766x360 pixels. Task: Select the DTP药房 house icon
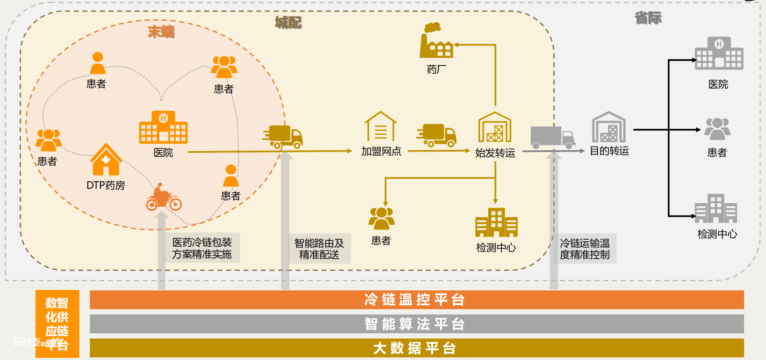pyautogui.click(x=106, y=160)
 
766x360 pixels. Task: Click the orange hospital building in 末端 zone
pyautogui.click(x=163, y=127)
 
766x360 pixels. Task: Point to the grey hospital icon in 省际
pyautogui.click(x=719, y=53)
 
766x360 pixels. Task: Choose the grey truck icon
pyautogui.click(x=553, y=138)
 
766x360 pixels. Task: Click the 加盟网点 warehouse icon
pyautogui.click(x=381, y=127)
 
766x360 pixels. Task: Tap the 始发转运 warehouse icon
pyautogui.click(x=495, y=127)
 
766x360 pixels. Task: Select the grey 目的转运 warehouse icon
pyautogui.click(x=609, y=127)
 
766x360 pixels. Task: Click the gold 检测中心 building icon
pyautogui.click(x=496, y=222)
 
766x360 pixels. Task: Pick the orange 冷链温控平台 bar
pyautogui.click(x=417, y=300)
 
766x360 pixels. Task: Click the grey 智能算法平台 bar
pyautogui.click(x=417, y=324)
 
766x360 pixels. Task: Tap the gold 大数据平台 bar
pyautogui.click(x=417, y=348)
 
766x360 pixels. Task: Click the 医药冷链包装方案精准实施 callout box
pyautogui.click(x=202, y=248)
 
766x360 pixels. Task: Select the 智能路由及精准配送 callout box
pyautogui.click(x=319, y=248)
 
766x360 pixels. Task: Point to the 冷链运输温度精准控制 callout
pyautogui.click(x=585, y=248)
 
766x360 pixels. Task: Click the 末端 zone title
pyautogui.click(x=161, y=32)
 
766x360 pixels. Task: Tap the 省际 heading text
pyautogui.click(x=648, y=18)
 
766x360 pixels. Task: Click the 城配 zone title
pyautogui.click(x=288, y=22)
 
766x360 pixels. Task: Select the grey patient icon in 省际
pyautogui.click(x=717, y=129)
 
